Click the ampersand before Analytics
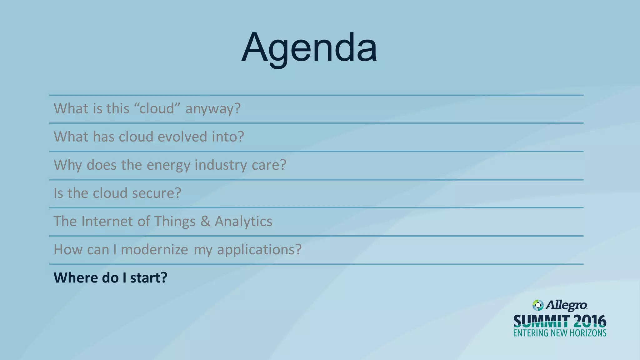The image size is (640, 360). point(205,221)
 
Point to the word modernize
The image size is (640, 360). point(154,250)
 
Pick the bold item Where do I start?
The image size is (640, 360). point(111,278)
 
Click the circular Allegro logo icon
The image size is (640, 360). point(538,305)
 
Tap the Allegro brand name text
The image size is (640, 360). point(566,305)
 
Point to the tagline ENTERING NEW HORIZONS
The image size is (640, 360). point(560,333)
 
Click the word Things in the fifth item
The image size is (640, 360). point(175,222)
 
